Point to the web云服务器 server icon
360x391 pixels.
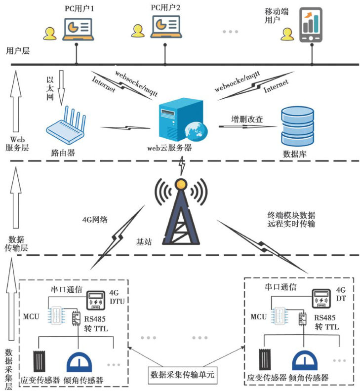(x=180, y=119)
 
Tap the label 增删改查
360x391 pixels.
(x=247, y=119)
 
